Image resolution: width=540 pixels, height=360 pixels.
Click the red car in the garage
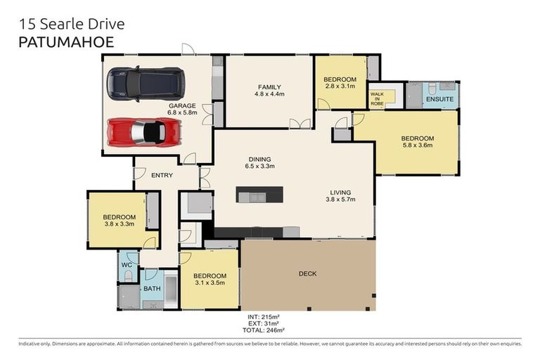click(x=145, y=131)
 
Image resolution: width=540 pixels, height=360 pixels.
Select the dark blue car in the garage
click(x=146, y=82)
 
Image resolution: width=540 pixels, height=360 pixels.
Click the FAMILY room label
click(x=269, y=86)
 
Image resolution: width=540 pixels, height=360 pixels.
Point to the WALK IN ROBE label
click(x=378, y=98)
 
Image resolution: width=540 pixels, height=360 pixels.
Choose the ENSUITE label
click(x=439, y=101)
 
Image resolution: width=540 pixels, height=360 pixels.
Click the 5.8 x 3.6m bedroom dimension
click(x=418, y=146)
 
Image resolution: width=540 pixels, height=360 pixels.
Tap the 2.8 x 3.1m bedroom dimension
click(x=340, y=87)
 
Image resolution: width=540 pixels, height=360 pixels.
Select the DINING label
click(x=259, y=159)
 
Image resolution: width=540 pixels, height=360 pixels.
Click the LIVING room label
click(x=340, y=192)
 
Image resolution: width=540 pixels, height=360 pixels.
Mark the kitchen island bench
click(x=260, y=194)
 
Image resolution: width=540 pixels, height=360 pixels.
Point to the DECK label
click(x=308, y=274)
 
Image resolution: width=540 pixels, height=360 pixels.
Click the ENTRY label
click(x=162, y=175)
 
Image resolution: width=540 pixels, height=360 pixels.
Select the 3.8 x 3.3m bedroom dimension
click(x=119, y=225)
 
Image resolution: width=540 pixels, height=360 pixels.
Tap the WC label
click(x=127, y=265)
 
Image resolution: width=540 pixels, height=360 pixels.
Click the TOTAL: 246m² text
click(x=259, y=330)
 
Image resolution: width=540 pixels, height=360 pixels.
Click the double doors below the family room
click(x=300, y=124)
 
